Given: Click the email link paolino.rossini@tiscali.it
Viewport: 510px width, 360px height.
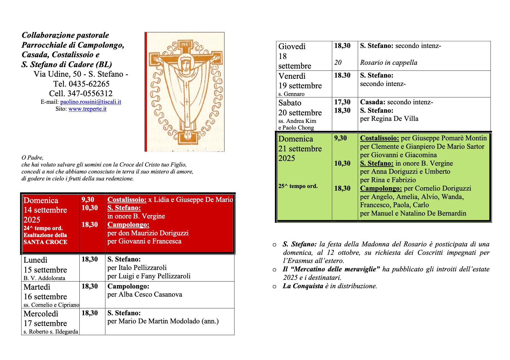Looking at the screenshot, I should pyautogui.click(x=90, y=102).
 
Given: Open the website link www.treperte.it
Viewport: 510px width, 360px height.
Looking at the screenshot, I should pyautogui.click(x=87, y=109).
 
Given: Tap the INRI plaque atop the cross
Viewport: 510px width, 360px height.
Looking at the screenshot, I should pyautogui.click(x=185, y=44).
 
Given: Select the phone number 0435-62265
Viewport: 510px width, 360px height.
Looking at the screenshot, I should pyautogui.click(x=89, y=84).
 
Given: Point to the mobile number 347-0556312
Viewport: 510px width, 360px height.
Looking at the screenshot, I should pyautogui.click(x=90, y=94).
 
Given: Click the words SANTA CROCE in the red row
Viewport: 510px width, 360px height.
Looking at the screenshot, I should pyautogui.click(x=45, y=242).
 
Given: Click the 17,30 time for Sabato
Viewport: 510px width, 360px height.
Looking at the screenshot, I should pyautogui.click(x=342, y=102).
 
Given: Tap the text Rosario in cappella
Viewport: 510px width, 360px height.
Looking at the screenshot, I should pyautogui.click(x=388, y=63).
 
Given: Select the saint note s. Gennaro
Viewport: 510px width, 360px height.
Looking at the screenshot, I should pyautogui.click(x=291, y=94).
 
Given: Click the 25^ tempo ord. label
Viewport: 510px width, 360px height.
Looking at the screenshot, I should pyautogui.click(x=298, y=186).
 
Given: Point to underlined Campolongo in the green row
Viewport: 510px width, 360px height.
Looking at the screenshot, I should pyautogui.click(x=381, y=189).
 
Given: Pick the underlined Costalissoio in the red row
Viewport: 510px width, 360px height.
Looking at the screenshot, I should pyautogui.click(x=127, y=200).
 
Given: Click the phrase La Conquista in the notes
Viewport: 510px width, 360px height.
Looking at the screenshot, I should pyautogui.click(x=303, y=286).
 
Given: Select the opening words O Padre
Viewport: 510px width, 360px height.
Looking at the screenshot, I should pyautogui.click(x=32, y=158).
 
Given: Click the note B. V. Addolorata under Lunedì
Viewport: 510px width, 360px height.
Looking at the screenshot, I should pyautogui.click(x=44, y=278).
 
